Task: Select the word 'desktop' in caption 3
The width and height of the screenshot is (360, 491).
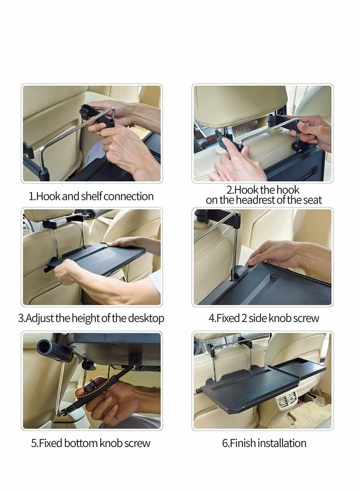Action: pos(146,318)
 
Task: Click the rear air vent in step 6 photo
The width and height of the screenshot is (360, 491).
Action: pos(287,399)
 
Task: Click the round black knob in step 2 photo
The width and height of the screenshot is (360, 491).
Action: pos(296,146)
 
